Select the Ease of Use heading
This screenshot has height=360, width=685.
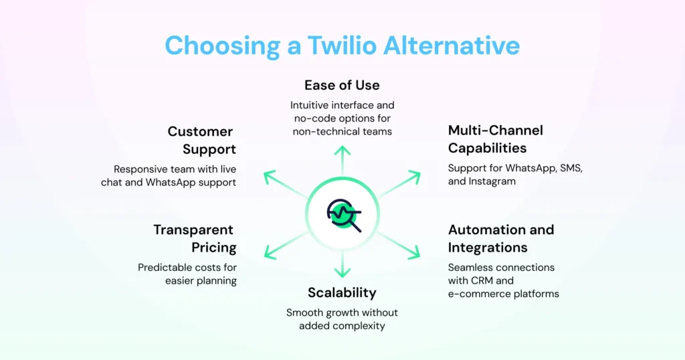click(x=342, y=86)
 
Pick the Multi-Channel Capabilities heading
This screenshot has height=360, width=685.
click(x=495, y=139)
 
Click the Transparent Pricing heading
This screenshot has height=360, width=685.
click(x=195, y=239)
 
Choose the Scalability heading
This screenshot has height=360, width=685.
click(x=342, y=292)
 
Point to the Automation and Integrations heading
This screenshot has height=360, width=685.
click(x=500, y=239)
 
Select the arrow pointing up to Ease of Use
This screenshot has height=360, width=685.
click(x=342, y=161)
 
